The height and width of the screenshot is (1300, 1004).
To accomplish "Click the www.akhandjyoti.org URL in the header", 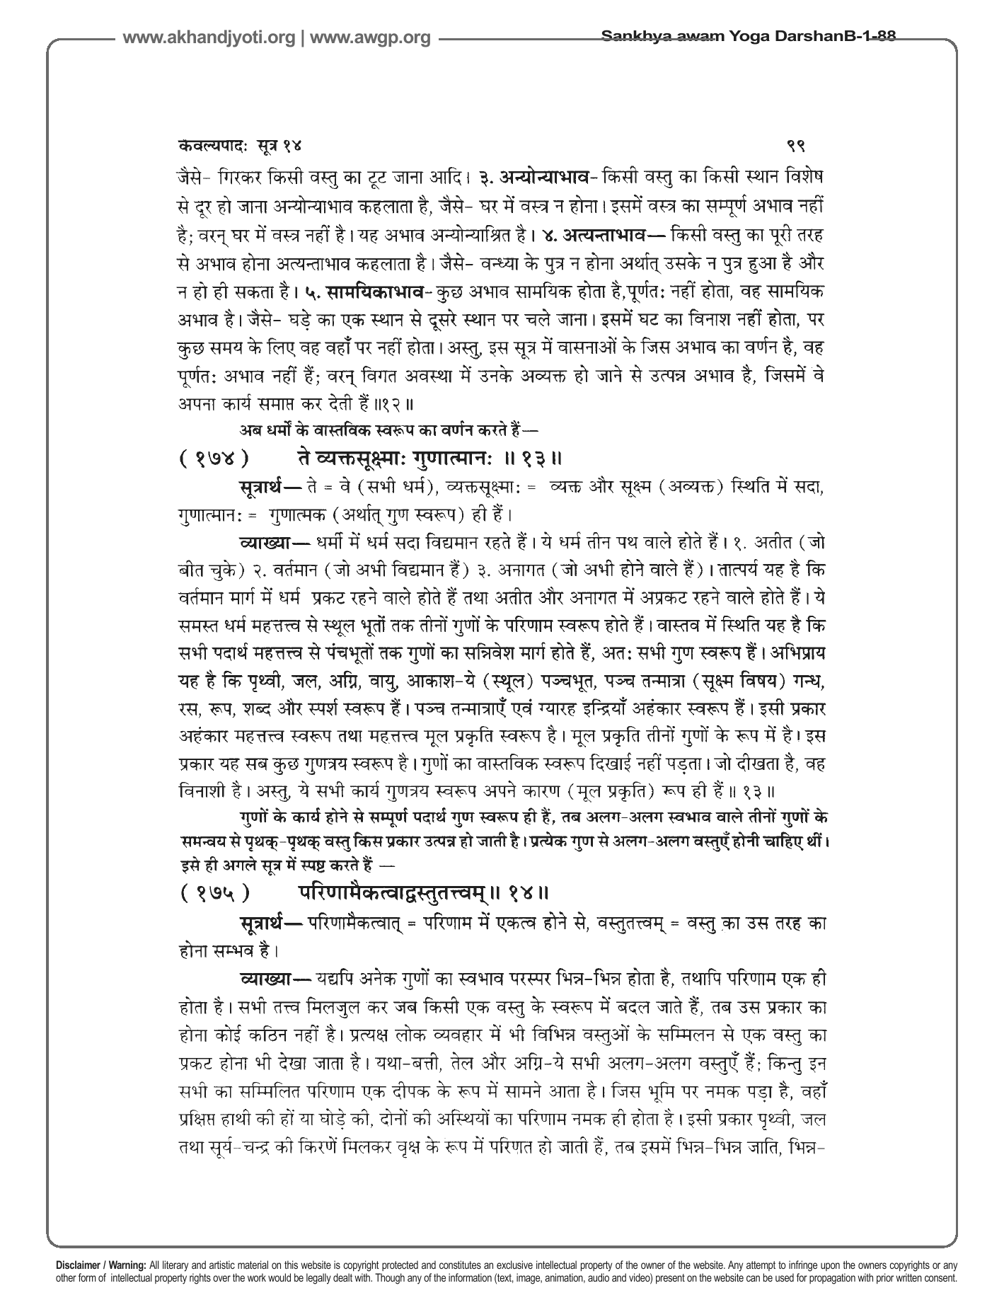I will [x=209, y=38].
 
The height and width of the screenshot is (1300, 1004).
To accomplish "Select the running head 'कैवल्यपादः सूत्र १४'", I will [x=240, y=146].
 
